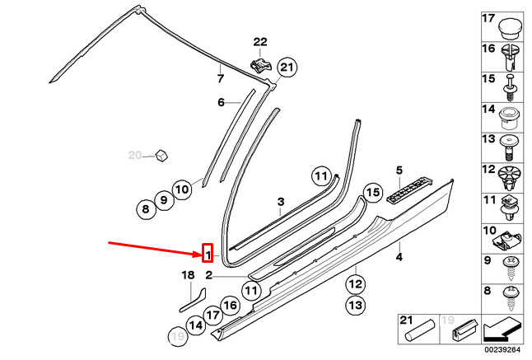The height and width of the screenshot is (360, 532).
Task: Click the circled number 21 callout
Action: click(287, 68)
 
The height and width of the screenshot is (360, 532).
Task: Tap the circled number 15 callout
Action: click(373, 193)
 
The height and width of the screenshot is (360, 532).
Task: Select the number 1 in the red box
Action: click(208, 253)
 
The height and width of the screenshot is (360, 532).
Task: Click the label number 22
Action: click(260, 42)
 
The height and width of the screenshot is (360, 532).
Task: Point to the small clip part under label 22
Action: click(260, 65)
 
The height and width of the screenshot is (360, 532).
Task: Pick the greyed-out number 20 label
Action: click(135, 156)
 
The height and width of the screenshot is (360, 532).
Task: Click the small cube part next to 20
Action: click(162, 156)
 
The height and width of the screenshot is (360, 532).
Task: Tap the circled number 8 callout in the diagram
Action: click(146, 208)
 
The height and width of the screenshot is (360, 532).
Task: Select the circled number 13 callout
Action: click(356, 305)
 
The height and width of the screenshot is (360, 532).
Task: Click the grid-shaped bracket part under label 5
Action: click(409, 190)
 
